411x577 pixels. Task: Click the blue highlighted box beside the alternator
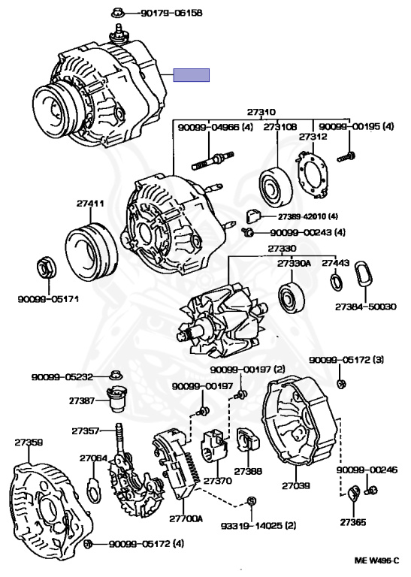[192, 75]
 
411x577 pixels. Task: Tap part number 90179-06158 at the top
[171, 13]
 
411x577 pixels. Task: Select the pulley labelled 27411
[91, 252]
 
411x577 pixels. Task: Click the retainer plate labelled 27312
[312, 175]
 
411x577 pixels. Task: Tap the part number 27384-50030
[365, 307]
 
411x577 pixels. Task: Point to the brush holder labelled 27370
[213, 446]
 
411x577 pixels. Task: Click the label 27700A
[186, 519]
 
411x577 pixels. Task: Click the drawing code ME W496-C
[376, 560]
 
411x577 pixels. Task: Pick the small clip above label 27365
[354, 492]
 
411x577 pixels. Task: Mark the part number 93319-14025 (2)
[258, 525]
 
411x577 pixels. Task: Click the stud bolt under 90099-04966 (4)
[213, 161]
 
